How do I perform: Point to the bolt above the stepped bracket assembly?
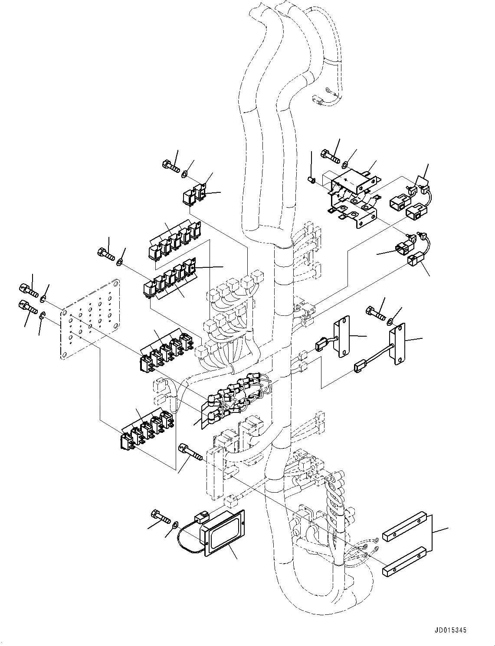pos(331,155)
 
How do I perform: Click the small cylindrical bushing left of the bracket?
pos(311,179)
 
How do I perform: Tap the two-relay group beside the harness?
pos(194,195)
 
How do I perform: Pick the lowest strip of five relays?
pos(147,429)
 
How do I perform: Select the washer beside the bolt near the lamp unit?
pos(174,525)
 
